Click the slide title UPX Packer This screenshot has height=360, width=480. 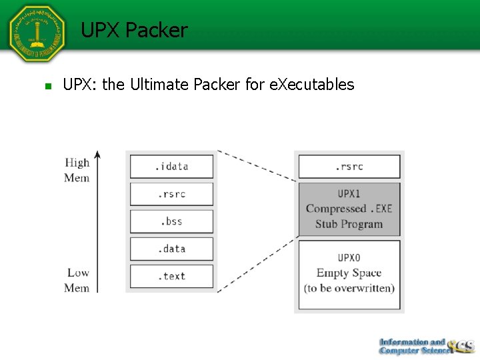tap(134, 31)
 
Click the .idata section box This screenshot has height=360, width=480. tap(172, 167)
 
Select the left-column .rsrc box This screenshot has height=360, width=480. tap(172, 194)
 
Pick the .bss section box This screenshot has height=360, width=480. tap(172, 221)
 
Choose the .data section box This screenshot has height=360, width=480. tap(172, 249)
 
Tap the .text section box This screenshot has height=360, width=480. tap(172, 276)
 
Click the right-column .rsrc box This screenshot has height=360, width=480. tap(349, 167)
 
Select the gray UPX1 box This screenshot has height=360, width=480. tap(349, 209)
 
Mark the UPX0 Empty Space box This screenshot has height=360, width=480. tap(349, 274)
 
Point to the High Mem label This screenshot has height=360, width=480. tap(77, 170)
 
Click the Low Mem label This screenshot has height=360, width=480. tap(77, 280)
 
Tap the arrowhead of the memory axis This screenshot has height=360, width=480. tap(97, 155)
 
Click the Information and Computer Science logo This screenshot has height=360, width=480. tap(425, 345)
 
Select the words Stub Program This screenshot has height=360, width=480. tap(349, 224)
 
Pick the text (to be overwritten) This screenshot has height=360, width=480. tap(349, 288)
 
